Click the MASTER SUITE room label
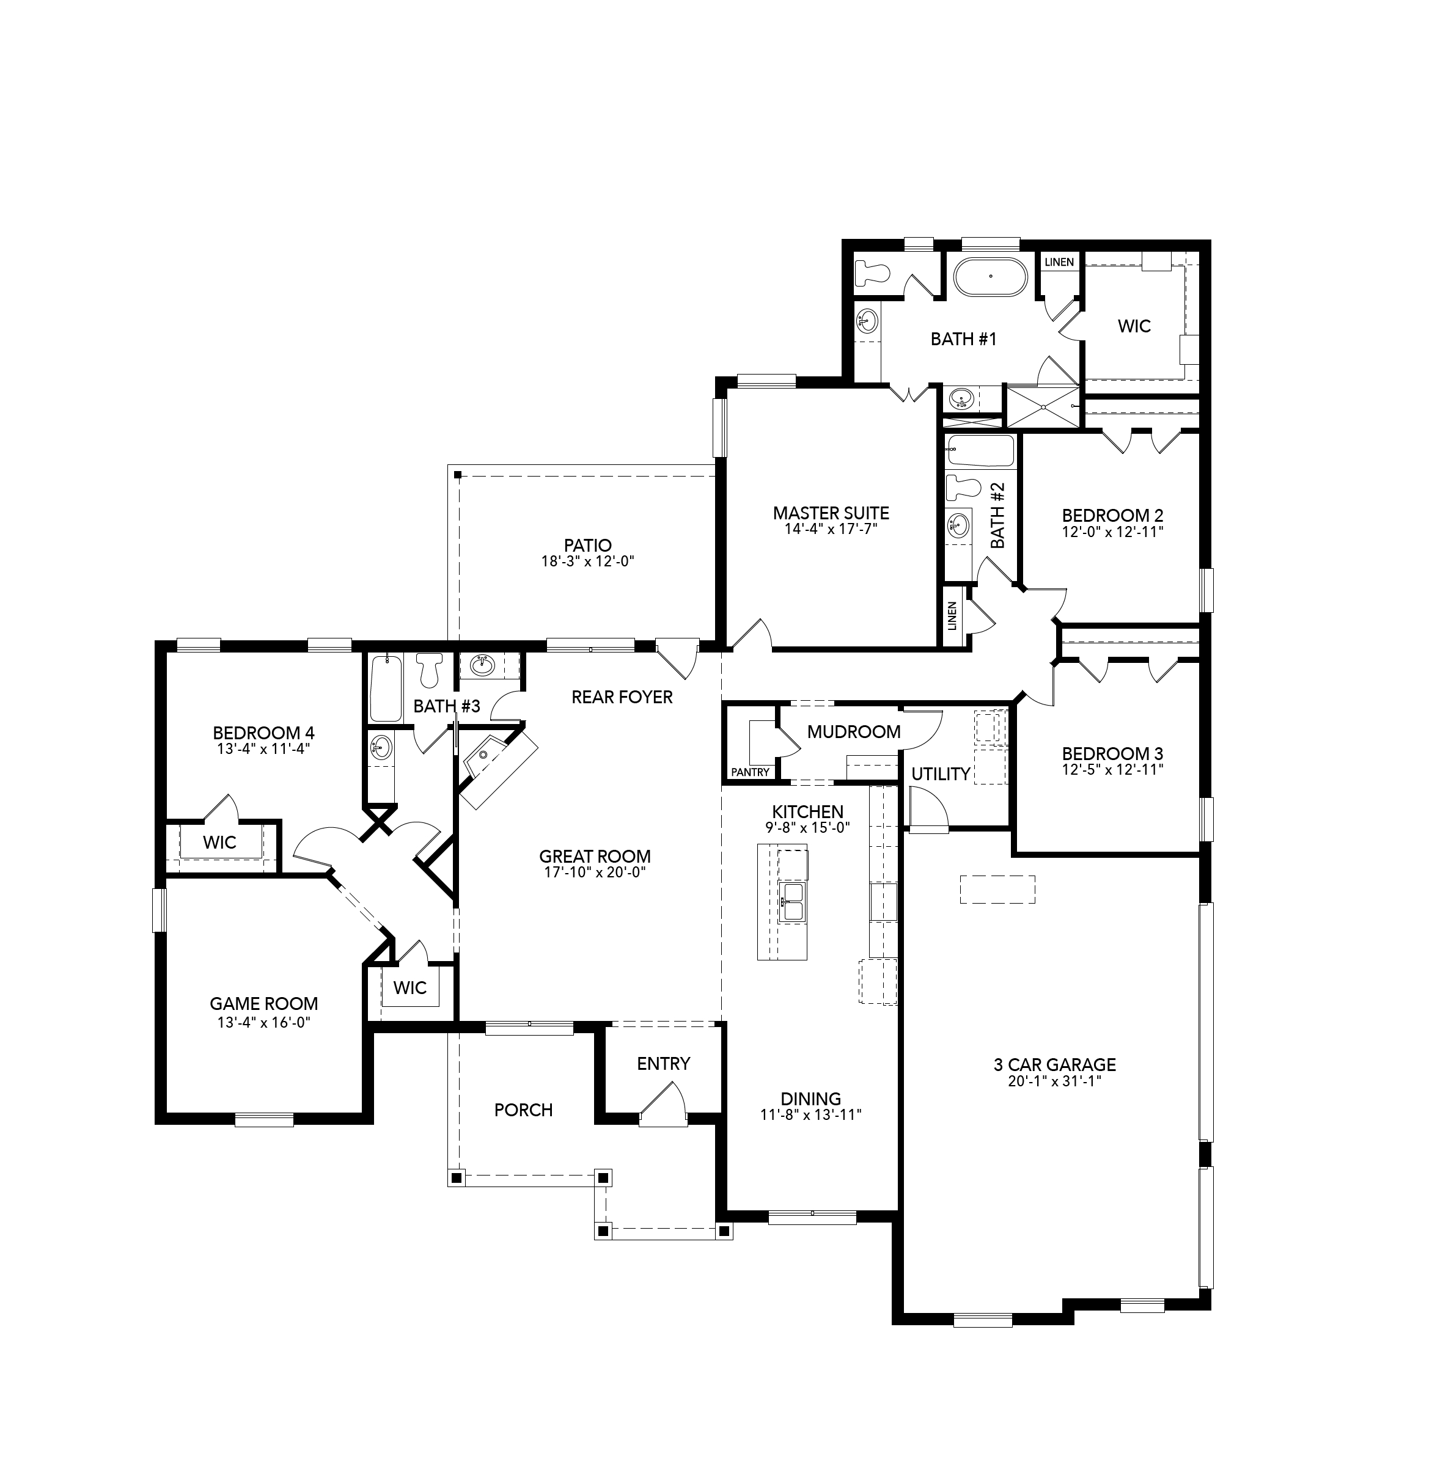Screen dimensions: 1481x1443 point(831,513)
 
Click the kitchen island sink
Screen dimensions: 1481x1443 point(792,901)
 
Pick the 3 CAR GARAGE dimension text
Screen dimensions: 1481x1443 point(1054,1081)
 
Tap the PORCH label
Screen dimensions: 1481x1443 point(523,1110)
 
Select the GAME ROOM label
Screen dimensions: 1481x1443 point(264,1004)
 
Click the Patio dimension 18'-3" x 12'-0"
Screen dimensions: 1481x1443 point(587,561)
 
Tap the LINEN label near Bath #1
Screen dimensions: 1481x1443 point(1059,262)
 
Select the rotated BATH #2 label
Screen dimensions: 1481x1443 point(997,516)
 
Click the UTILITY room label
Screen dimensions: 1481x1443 point(941,773)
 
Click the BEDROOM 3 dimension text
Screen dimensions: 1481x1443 point(1112,770)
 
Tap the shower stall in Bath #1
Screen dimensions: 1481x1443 point(1041,407)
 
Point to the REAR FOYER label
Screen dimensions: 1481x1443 point(622,697)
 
